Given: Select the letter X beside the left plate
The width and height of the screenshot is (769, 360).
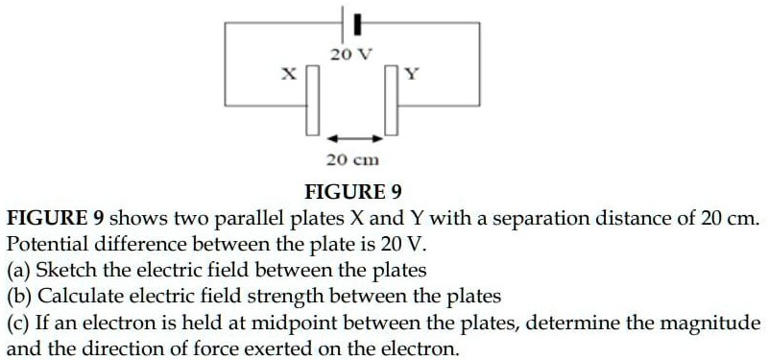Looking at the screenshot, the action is point(286,73).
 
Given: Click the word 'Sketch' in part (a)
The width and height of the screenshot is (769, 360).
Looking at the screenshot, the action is point(63,270).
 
